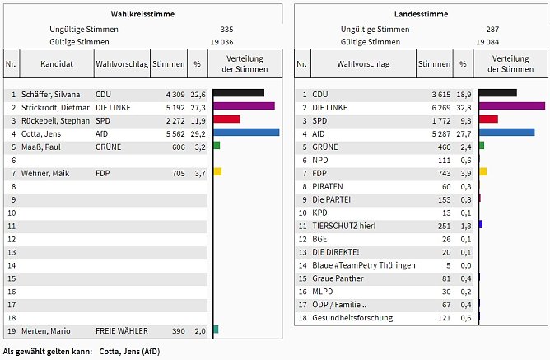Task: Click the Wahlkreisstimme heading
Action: point(142,14)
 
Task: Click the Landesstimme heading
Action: point(421,14)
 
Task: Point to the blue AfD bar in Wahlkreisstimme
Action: point(245,132)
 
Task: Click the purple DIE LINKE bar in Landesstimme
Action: point(511,106)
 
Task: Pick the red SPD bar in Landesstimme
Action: point(488,119)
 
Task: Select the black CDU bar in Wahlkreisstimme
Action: point(238,93)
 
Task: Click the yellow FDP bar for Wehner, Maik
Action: point(217,171)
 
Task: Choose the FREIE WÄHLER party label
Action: point(122,331)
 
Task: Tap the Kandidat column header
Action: point(56,63)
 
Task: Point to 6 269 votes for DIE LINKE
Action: point(435,107)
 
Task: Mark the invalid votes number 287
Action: point(492,29)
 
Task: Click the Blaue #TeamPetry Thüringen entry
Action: point(364,265)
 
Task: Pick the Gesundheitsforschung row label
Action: point(352,318)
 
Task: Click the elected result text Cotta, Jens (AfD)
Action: point(129,352)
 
